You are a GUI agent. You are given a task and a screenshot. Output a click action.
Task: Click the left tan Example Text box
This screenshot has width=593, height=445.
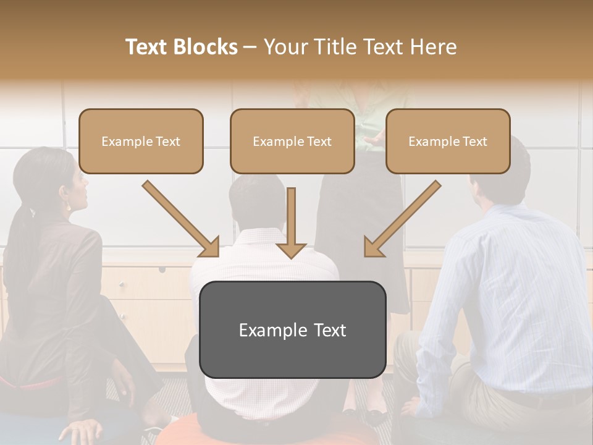[141, 141]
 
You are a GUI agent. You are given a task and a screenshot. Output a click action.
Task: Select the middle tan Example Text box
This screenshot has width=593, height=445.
[292, 141]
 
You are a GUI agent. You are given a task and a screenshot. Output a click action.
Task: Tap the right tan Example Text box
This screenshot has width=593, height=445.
[448, 141]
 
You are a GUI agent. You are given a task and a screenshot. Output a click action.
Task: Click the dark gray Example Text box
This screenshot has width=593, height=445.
[292, 329]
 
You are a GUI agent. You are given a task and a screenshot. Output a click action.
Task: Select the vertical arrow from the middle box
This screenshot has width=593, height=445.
[291, 222]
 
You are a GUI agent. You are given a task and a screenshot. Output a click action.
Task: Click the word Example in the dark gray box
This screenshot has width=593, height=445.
[269, 330]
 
